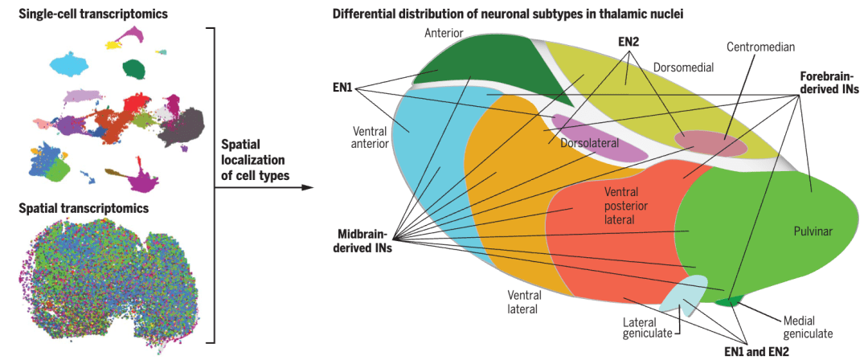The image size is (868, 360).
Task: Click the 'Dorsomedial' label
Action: [x=683, y=67]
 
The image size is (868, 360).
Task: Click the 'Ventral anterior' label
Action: [x=371, y=137]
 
